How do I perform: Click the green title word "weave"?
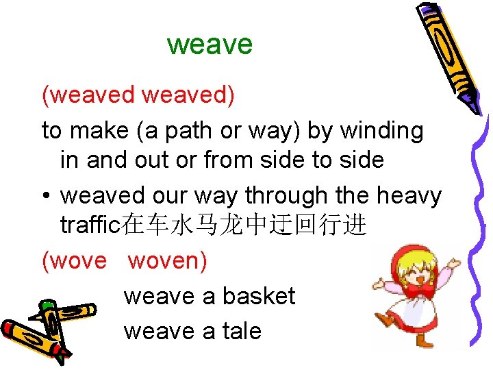(x=210, y=45)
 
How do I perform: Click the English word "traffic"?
(x=91, y=225)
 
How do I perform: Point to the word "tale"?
(x=241, y=332)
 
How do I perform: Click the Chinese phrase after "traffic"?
(x=244, y=226)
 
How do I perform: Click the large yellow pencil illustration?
(x=446, y=55)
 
